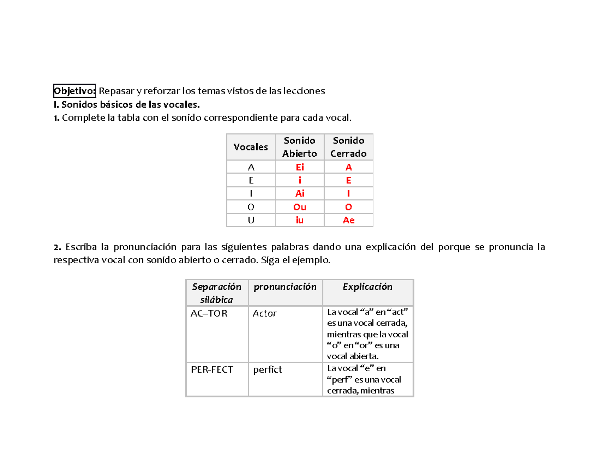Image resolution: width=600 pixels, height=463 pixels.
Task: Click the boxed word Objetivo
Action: (x=75, y=91)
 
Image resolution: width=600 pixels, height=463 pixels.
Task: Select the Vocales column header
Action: (x=250, y=147)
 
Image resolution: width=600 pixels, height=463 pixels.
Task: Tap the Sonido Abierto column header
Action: (x=299, y=147)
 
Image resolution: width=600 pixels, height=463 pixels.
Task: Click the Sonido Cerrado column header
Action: (x=348, y=147)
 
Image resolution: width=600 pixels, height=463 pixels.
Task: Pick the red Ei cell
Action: (x=299, y=168)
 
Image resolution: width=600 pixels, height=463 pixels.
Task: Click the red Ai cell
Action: (x=299, y=194)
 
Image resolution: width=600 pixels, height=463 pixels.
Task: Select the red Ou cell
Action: (x=299, y=207)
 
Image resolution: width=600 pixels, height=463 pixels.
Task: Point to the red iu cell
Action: (x=299, y=220)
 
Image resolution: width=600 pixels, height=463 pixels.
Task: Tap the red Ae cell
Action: (x=348, y=220)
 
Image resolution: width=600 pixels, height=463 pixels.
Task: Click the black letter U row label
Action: (x=250, y=220)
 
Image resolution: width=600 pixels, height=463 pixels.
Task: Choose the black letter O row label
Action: (x=250, y=207)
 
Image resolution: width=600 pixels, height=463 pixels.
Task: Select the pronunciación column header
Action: (x=285, y=287)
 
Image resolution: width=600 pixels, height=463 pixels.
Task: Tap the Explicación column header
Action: (x=367, y=287)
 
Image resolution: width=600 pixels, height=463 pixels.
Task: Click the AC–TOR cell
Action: (x=209, y=314)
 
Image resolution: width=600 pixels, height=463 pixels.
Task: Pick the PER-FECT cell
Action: (x=212, y=370)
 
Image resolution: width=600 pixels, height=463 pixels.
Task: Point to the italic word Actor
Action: (x=265, y=314)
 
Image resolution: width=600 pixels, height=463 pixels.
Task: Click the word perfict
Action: (x=268, y=370)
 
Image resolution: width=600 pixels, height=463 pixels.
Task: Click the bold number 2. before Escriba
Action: (x=57, y=247)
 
